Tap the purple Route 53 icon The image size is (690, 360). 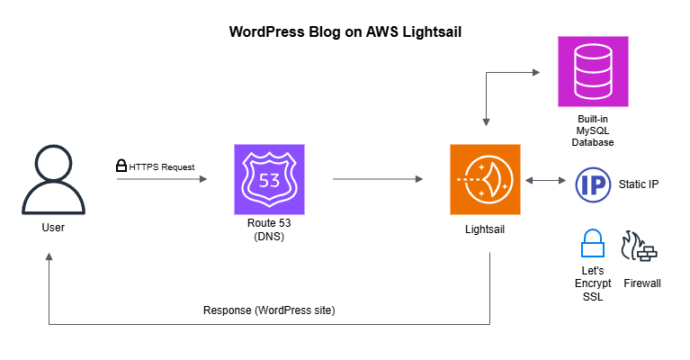[x=269, y=180]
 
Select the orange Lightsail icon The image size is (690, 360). [x=486, y=179]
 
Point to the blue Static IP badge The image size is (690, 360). [x=593, y=184]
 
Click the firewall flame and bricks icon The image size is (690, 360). [x=641, y=247]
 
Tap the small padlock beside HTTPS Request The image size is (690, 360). [x=121, y=166]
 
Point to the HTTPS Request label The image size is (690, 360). [x=162, y=166]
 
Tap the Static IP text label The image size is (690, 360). [x=639, y=184]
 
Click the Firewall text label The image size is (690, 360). [x=641, y=283]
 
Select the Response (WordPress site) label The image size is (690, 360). [x=268, y=310]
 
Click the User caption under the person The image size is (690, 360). [x=53, y=228]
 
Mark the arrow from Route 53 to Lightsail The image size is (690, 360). [x=378, y=180]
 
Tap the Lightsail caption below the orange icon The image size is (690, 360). [x=485, y=229]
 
